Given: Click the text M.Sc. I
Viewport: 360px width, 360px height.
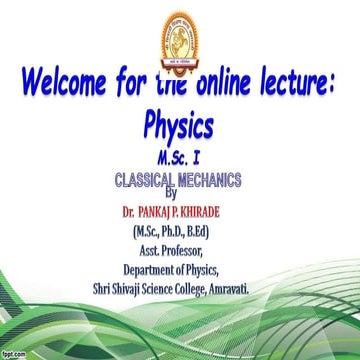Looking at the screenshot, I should (180, 159).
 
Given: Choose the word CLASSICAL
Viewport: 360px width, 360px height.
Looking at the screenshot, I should (142, 181).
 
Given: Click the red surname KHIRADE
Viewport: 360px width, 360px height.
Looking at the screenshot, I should (221, 213).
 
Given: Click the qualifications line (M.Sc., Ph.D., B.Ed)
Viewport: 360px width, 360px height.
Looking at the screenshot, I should (180, 233).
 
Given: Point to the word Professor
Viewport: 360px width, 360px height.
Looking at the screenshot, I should (200, 251).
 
